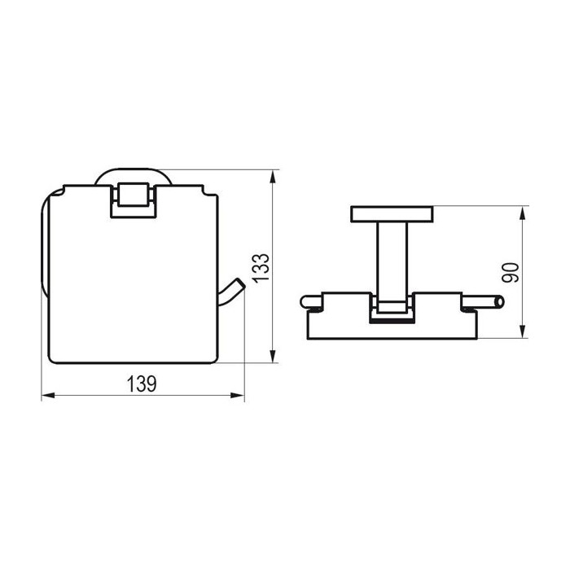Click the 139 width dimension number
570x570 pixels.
tap(142, 384)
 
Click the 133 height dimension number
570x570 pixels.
tap(261, 268)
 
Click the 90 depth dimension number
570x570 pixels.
tap(511, 273)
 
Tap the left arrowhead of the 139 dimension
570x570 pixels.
tap(48, 396)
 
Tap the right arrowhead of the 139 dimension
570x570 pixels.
tap(238, 396)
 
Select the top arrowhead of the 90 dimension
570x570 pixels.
tap(523, 213)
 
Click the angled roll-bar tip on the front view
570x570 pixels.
tap(241, 283)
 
